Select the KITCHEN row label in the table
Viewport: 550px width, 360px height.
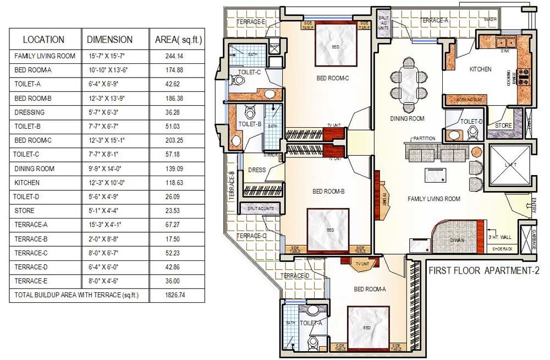(x=28, y=183)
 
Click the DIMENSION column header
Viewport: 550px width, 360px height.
(x=110, y=40)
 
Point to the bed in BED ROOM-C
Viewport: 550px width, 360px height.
(x=335, y=47)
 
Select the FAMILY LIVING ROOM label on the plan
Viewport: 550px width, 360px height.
(x=433, y=199)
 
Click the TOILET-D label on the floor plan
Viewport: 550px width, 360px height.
(x=471, y=121)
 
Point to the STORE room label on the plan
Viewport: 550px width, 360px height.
(x=503, y=126)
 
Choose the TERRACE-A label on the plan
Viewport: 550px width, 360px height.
(x=434, y=20)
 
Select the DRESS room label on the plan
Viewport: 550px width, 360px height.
(x=257, y=170)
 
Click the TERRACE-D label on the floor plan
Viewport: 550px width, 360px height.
(x=295, y=276)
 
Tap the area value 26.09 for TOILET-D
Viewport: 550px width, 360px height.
(x=174, y=197)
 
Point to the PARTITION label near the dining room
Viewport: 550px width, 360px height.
(x=424, y=139)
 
